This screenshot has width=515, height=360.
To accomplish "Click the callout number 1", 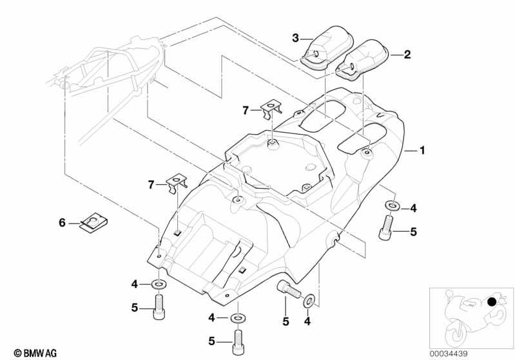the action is [x=422, y=150].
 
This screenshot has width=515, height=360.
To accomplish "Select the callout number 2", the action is [x=407, y=55].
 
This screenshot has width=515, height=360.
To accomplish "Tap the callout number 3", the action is [x=295, y=38].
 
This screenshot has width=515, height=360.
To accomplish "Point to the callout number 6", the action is [x=62, y=223].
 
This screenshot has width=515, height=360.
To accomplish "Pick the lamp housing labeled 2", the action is [x=362, y=59].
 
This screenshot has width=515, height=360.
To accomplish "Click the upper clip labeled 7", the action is [x=271, y=109].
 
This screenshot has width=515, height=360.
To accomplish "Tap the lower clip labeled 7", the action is [x=177, y=183].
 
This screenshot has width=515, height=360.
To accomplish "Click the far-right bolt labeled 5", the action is [x=387, y=227].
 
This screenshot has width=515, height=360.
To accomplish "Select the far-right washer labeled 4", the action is [x=392, y=206].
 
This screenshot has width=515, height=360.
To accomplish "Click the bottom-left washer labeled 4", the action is [x=159, y=283].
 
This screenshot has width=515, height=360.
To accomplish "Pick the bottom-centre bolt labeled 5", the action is [x=238, y=342].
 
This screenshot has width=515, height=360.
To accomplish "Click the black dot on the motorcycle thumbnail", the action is [x=492, y=301].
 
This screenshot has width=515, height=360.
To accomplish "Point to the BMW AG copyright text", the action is [x=35, y=353].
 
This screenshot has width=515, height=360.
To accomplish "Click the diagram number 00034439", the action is [x=449, y=354].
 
